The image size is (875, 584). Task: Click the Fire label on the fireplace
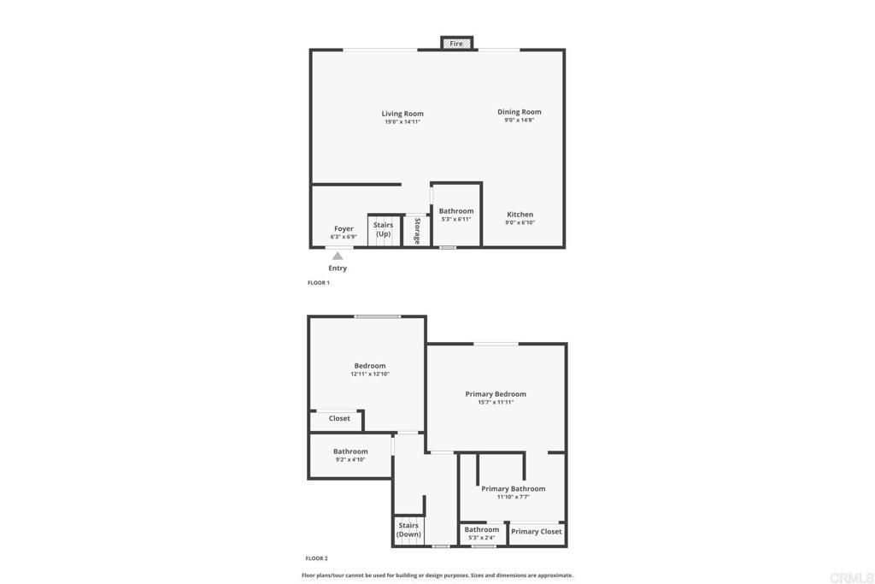(x=456, y=44)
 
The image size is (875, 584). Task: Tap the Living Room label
(x=402, y=114)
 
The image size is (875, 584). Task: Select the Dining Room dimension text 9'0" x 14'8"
(x=520, y=121)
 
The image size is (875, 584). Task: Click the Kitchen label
(x=520, y=215)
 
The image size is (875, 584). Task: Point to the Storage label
(x=417, y=231)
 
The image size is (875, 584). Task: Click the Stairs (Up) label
(x=383, y=229)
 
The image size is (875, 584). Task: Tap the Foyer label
(x=344, y=228)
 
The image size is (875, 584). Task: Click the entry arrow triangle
(x=338, y=256)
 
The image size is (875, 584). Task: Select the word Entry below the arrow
(x=338, y=268)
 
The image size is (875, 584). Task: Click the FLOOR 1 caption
(x=318, y=282)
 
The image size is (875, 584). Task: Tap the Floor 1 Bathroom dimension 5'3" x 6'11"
(x=456, y=220)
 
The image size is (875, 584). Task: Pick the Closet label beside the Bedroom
(x=339, y=418)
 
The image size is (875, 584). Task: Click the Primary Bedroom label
(x=496, y=394)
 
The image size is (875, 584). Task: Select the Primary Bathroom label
(x=513, y=489)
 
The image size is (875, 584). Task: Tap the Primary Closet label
(x=537, y=531)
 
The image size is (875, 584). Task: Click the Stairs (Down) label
(x=408, y=530)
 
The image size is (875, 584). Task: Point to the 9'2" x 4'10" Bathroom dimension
(x=350, y=460)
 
